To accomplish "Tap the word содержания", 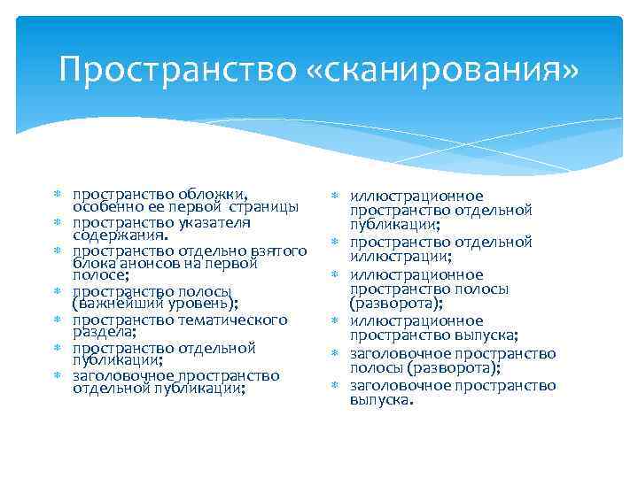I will click(119, 236).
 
